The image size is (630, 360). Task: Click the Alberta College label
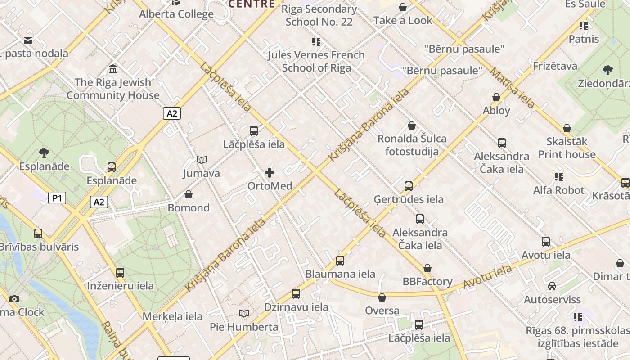point(176,14)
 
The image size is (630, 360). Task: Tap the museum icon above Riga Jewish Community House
point(113,69)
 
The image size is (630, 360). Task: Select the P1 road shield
point(57,198)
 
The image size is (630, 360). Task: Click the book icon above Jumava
point(202,160)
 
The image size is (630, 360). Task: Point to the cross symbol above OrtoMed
point(270,173)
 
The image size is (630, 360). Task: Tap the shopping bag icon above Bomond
point(189,194)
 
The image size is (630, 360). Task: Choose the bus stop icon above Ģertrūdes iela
point(409,186)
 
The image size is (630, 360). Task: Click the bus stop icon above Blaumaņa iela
point(340,261)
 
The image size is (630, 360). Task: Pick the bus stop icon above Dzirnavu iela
point(296,294)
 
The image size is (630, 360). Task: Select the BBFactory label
point(427,282)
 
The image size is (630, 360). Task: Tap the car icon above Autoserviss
point(552,286)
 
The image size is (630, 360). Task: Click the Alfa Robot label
point(558,190)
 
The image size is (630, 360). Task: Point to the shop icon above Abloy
point(496,97)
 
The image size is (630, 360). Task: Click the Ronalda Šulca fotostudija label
point(412,145)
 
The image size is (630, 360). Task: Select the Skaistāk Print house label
point(567,148)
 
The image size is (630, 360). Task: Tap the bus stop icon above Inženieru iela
point(120,272)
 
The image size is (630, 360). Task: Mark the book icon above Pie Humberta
point(244,313)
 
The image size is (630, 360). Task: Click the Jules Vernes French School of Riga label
point(316,61)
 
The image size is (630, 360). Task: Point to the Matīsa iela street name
point(513,88)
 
